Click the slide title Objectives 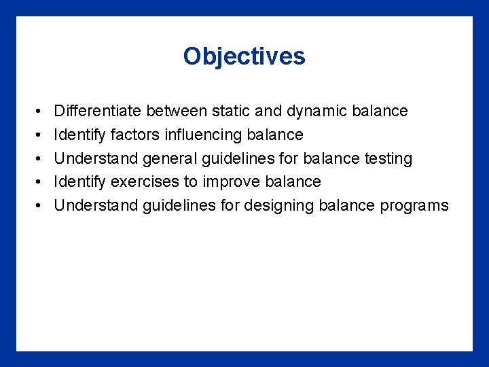click(244, 56)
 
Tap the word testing click(386, 158)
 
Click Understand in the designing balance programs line click(95, 205)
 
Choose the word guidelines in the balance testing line click(238, 158)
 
